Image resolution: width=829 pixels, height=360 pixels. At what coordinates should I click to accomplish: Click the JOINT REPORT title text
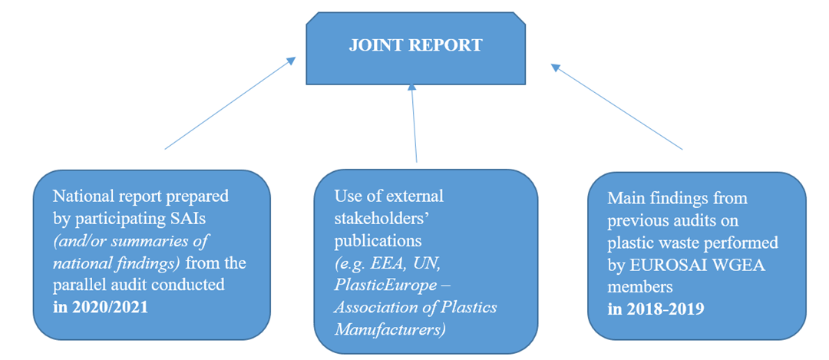[x=415, y=45]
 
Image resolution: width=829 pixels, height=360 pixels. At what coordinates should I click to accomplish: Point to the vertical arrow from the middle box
[x=414, y=123]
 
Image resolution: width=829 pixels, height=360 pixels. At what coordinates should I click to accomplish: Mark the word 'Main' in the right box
[x=623, y=198]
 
